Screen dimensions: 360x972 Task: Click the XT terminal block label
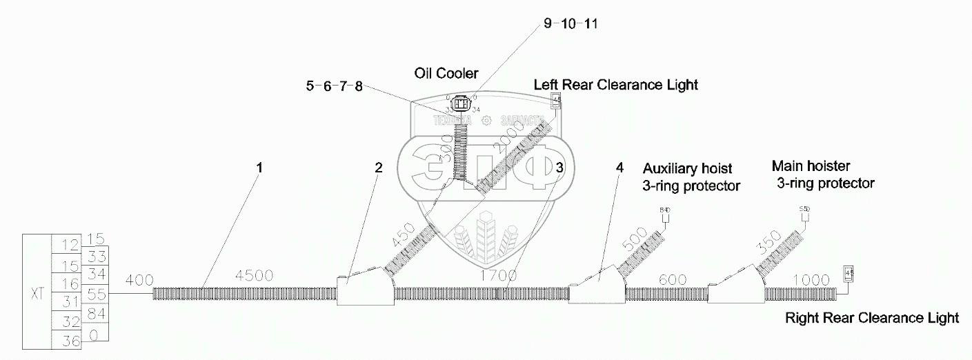click(38, 294)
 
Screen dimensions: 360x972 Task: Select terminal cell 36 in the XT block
click(68, 340)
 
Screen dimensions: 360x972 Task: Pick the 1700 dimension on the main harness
click(499, 276)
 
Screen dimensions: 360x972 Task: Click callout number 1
click(260, 168)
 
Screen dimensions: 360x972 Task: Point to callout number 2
click(378, 168)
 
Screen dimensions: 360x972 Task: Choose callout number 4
click(619, 168)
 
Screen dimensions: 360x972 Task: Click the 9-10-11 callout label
click(571, 24)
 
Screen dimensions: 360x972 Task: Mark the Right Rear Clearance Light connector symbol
click(849, 274)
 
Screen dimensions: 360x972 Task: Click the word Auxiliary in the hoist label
click(668, 168)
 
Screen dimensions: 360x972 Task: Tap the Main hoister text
click(811, 166)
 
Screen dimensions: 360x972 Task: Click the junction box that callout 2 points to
click(364, 288)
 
